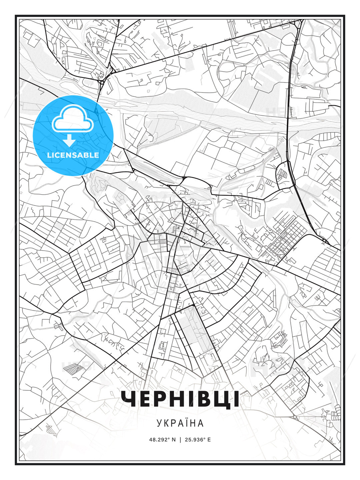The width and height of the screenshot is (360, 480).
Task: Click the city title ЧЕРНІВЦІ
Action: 180,399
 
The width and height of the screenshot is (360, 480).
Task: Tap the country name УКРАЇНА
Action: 180,423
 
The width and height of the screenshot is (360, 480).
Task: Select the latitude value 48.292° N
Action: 162,439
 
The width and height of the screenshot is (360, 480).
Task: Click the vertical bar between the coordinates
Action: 180,439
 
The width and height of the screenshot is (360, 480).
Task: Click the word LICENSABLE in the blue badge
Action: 73,155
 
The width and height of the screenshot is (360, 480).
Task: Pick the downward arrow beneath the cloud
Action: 69,140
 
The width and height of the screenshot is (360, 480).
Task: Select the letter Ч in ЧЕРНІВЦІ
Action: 129,399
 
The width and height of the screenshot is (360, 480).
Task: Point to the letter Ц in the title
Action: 220,399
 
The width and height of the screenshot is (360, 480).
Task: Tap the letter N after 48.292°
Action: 173,439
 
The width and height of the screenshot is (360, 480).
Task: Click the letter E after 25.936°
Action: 209,439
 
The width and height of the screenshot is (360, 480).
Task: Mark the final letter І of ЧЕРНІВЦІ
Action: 236,399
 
